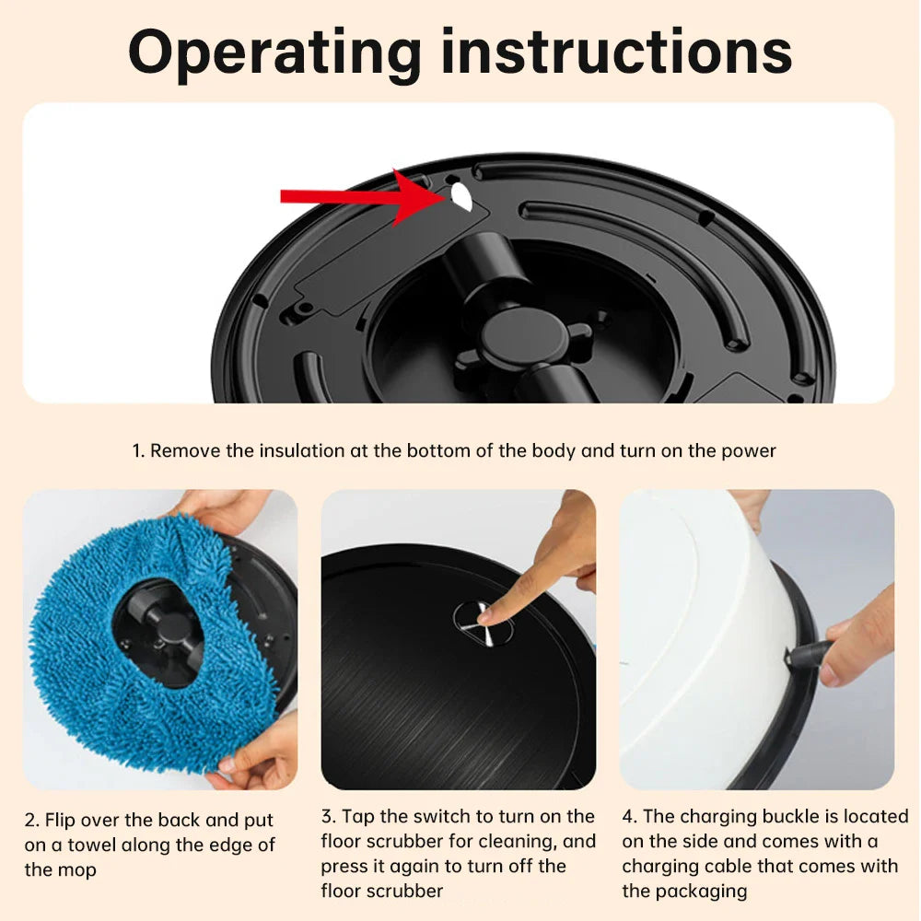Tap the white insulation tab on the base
tap(460, 196)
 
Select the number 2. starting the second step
tap(32, 820)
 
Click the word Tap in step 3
tap(361, 816)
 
